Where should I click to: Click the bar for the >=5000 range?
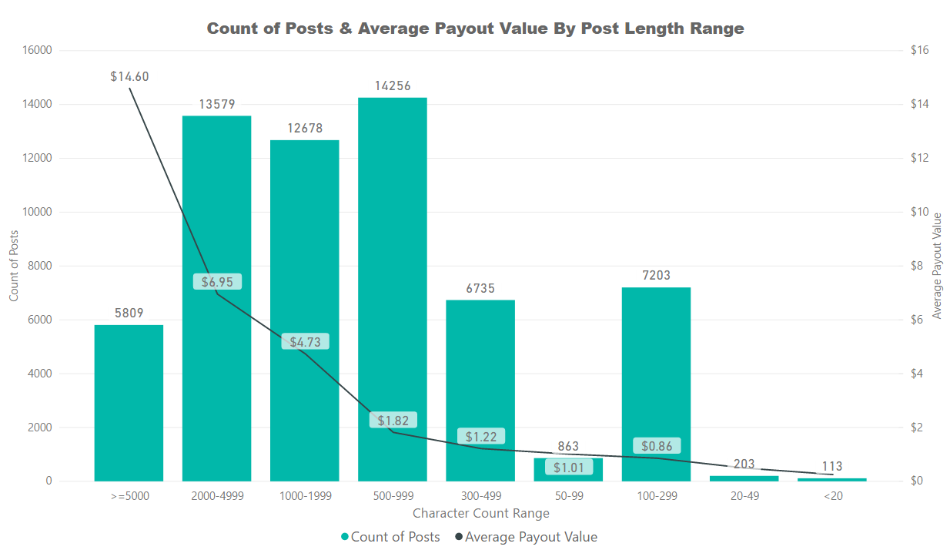pos(129,403)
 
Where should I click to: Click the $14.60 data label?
pos(129,76)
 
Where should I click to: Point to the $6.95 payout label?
pos(217,282)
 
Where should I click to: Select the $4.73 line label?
pos(305,341)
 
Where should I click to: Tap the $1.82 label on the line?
pos(393,420)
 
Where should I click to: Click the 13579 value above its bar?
pos(217,104)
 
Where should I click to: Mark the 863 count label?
pos(568,447)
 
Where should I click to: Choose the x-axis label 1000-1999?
pos(305,496)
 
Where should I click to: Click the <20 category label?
pos(832,496)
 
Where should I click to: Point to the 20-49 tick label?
pos(744,496)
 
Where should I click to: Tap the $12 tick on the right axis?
pos(921,158)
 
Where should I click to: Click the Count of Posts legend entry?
pos(390,537)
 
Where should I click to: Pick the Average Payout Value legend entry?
pos(526,537)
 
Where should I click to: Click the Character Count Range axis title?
pos(481,513)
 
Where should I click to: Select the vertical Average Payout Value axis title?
pos(937,266)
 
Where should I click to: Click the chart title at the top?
pos(476,29)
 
